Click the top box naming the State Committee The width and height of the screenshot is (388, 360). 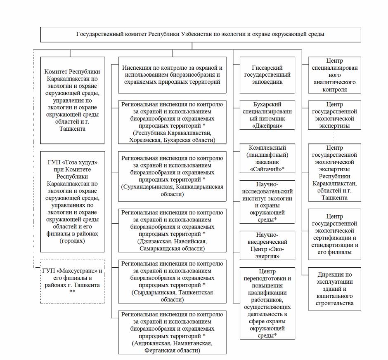[200, 34]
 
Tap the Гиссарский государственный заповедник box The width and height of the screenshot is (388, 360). [267, 75]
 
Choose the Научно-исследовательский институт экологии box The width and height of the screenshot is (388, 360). [267, 202]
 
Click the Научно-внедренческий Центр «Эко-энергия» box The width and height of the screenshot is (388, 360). [267, 245]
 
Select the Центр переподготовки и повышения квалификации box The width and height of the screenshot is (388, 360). [267, 303]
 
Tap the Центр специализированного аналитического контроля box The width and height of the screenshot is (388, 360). [334, 75]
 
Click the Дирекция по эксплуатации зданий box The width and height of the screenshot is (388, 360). [334, 289]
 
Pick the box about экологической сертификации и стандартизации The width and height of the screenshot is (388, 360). [334, 234]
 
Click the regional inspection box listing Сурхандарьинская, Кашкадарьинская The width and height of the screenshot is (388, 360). [173, 176]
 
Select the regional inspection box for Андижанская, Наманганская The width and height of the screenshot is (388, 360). [173, 332]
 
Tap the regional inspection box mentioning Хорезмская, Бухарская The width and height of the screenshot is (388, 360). [173, 122]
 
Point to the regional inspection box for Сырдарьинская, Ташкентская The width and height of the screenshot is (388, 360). [173, 281]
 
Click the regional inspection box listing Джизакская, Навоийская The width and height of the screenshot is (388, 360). [173, 230]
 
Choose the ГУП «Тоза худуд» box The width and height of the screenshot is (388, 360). [72, 202]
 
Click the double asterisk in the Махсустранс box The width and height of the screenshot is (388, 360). [72, 292]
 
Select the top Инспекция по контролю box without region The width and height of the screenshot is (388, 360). [173, 75]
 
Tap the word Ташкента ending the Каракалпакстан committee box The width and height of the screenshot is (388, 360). [72, 129]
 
